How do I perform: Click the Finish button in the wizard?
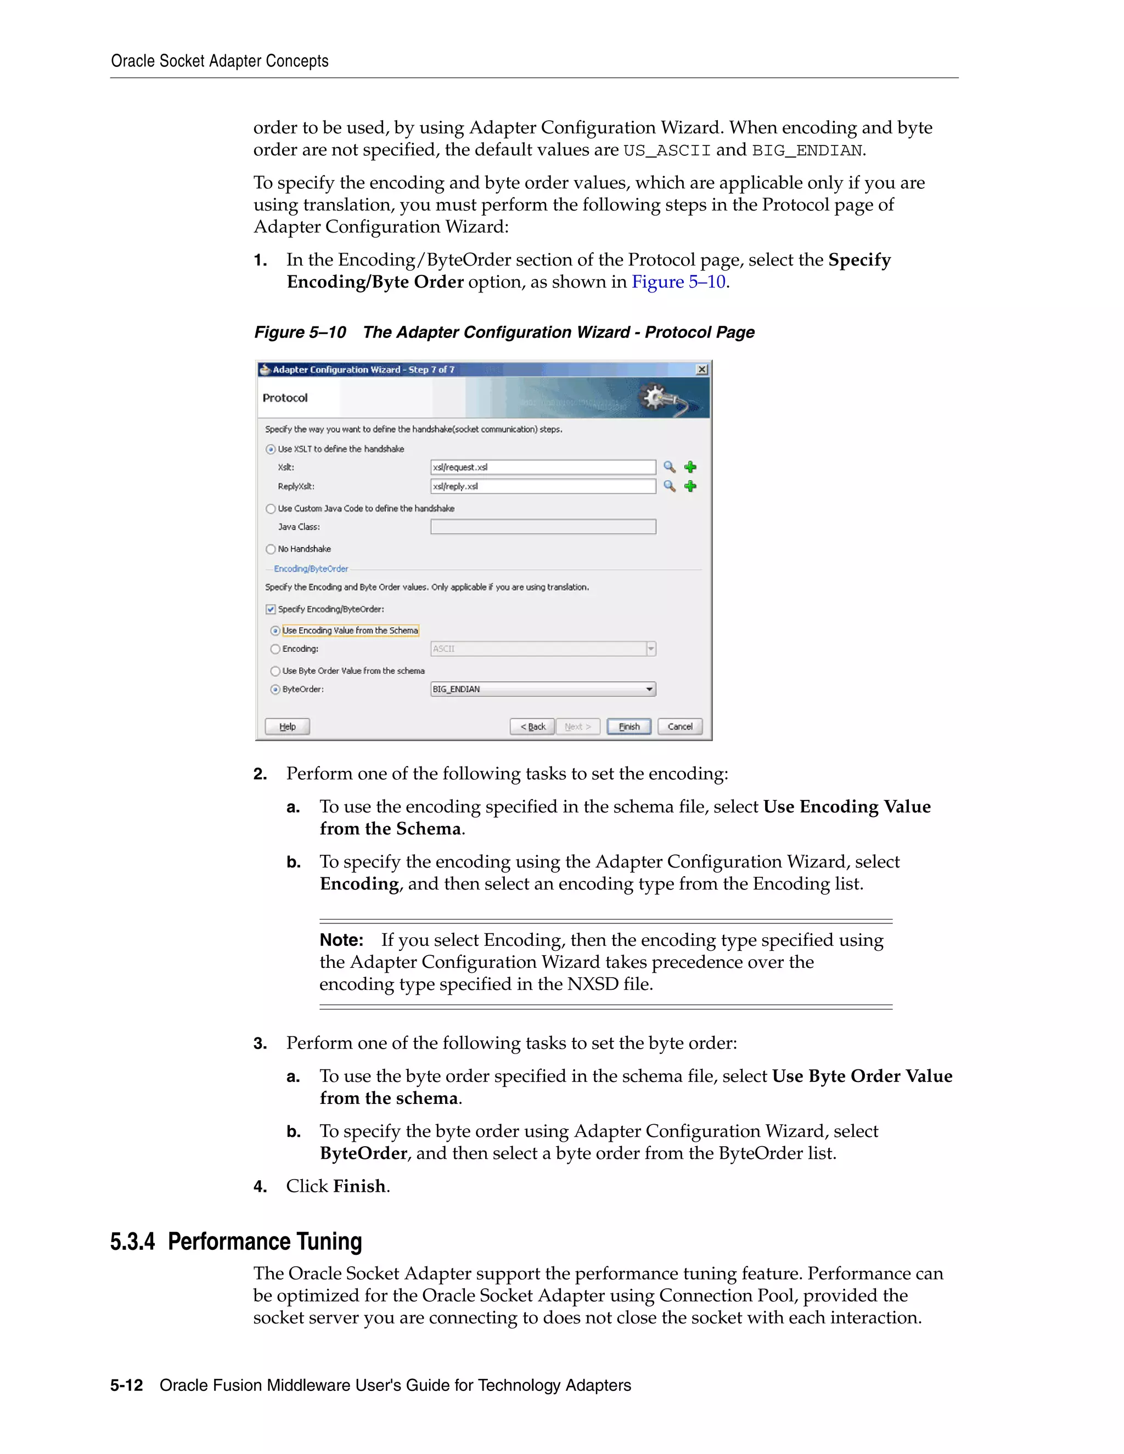628,726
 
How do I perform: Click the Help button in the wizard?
287,726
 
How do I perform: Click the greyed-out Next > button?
577,726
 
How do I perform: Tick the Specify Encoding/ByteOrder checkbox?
271,609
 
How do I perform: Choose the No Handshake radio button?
271,549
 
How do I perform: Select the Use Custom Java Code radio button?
271,509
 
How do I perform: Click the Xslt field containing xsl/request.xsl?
543,467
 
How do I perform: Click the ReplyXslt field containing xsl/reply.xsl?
543,487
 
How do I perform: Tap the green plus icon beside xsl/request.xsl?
690,467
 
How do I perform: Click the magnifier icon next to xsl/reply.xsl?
669,487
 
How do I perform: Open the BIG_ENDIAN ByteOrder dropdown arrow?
649,689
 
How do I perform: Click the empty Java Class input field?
543,527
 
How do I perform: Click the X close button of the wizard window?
702,369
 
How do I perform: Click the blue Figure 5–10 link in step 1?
678,282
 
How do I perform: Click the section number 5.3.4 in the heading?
132,1242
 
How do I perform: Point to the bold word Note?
341,940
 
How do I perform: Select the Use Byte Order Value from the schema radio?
275,671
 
